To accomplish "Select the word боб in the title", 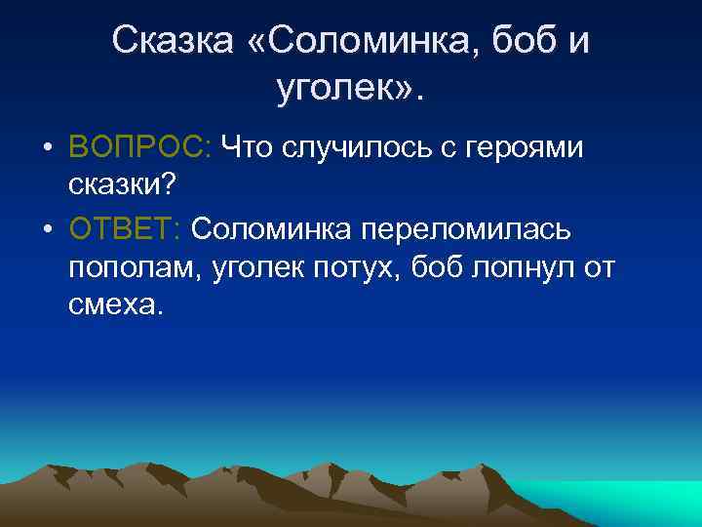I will point(524,40).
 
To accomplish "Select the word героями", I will point(526,146).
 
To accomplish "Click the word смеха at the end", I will point(112,304).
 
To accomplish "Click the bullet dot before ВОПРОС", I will point(47,147).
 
